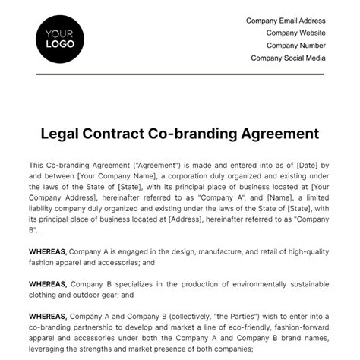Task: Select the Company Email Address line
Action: tap(286, 21)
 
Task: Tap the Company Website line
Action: tap(295, 33)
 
